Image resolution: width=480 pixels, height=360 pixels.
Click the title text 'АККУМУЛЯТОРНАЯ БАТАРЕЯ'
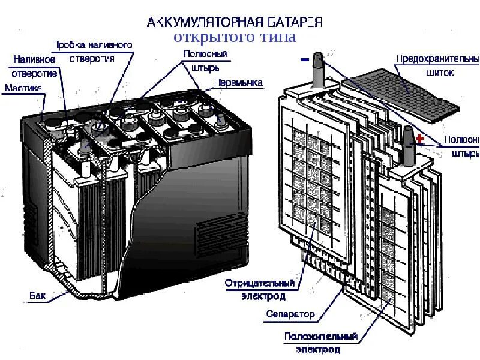[235, 22]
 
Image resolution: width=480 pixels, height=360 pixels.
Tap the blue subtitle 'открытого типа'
[235, 38]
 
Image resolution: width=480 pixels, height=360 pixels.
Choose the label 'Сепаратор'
[290, 314]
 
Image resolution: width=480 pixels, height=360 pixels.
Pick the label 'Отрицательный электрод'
[260, 289]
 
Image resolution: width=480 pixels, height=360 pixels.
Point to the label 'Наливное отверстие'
[35, 66]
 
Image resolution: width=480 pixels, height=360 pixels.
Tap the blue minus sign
[304, 59]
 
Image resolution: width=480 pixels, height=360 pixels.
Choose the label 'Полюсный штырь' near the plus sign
[461, 146]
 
